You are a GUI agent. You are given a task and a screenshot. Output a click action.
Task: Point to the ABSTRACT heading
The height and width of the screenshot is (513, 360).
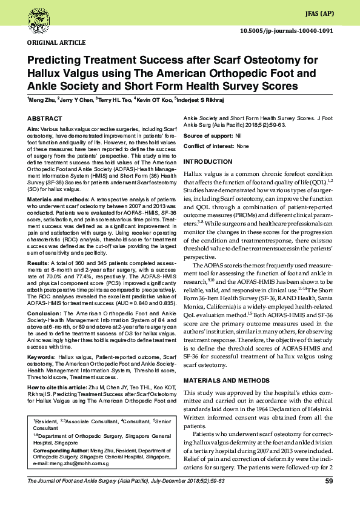click(x=45, y=119)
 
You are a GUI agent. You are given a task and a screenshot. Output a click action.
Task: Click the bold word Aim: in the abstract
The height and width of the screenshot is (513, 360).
click(x=33, y=130)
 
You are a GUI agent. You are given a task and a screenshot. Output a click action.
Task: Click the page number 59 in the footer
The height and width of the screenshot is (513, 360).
click(x=330, y=481)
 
